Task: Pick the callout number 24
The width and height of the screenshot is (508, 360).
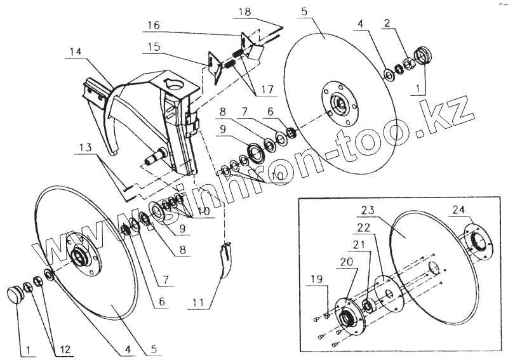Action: pos(458,210)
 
